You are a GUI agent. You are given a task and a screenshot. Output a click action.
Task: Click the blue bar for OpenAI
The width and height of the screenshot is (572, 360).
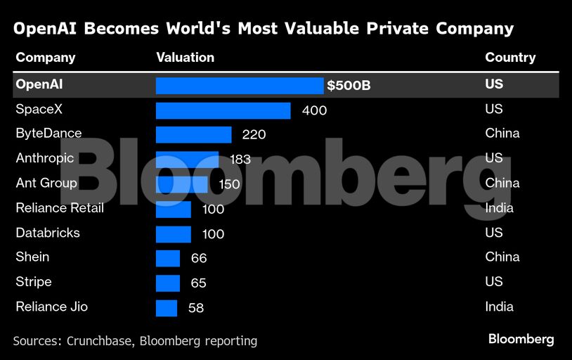coord(239,85)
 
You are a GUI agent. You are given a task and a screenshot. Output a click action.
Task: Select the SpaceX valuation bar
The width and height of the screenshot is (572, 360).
coord(223,110)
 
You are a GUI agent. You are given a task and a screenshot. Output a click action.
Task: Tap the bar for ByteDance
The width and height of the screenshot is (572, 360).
coord(193,134)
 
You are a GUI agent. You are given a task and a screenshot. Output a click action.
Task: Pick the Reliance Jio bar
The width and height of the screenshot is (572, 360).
coord(167,308)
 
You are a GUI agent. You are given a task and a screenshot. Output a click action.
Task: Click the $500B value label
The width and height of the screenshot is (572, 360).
coord(349,86)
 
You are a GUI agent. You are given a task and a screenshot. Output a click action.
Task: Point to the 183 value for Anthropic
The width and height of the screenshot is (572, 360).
coord(240,160)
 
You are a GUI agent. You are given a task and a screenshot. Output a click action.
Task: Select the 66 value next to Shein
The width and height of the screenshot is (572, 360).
coord(199,258)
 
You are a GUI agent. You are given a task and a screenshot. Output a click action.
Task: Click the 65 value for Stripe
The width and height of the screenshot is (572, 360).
coord(199,283)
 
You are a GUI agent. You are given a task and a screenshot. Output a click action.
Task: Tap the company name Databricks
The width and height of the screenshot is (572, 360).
coord(48,233)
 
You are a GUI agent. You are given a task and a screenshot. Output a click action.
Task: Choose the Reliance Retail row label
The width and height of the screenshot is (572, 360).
coord(60,208)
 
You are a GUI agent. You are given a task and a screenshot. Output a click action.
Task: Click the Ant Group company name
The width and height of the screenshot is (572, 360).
coord(46,183)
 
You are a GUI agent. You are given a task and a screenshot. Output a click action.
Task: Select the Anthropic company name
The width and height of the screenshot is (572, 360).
coord(45,158)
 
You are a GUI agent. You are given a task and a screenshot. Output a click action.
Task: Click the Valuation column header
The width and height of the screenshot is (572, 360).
coord(185,58)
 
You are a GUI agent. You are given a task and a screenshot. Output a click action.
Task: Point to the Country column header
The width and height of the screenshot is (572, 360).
coord(510,58)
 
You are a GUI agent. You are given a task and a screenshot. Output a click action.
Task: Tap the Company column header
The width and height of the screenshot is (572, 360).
coord(46,58)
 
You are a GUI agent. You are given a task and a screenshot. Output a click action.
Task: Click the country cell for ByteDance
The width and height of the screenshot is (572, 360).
coord(502,134)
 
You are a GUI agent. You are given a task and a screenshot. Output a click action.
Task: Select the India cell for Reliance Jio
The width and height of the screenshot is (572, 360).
coord(499,307)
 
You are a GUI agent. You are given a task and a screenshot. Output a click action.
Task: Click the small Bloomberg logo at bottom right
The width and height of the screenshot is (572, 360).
coord(521,340)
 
